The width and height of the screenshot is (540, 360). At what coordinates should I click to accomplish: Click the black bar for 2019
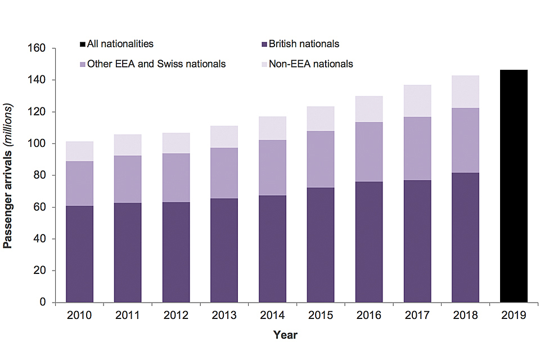tap(514, 186)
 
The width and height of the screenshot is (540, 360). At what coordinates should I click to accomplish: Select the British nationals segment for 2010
tap(80, 254)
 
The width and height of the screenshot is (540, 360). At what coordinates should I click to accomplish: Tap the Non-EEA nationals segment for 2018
tap(465, 92)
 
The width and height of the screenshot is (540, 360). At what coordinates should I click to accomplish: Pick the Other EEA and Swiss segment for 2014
tap(273, 168)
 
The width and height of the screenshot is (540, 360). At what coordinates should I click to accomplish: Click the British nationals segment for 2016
tap(369, 242)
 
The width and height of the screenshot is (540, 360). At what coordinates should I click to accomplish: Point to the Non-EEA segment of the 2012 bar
tap(176, 143)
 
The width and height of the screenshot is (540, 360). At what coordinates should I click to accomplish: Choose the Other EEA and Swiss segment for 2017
tap(417, 148)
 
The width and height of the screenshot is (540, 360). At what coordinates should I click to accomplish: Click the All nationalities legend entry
tap(116, 44)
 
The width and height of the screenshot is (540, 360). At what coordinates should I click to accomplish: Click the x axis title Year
tap(285, 335)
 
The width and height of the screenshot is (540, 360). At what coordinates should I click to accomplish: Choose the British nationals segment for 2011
tap(128, 253)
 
